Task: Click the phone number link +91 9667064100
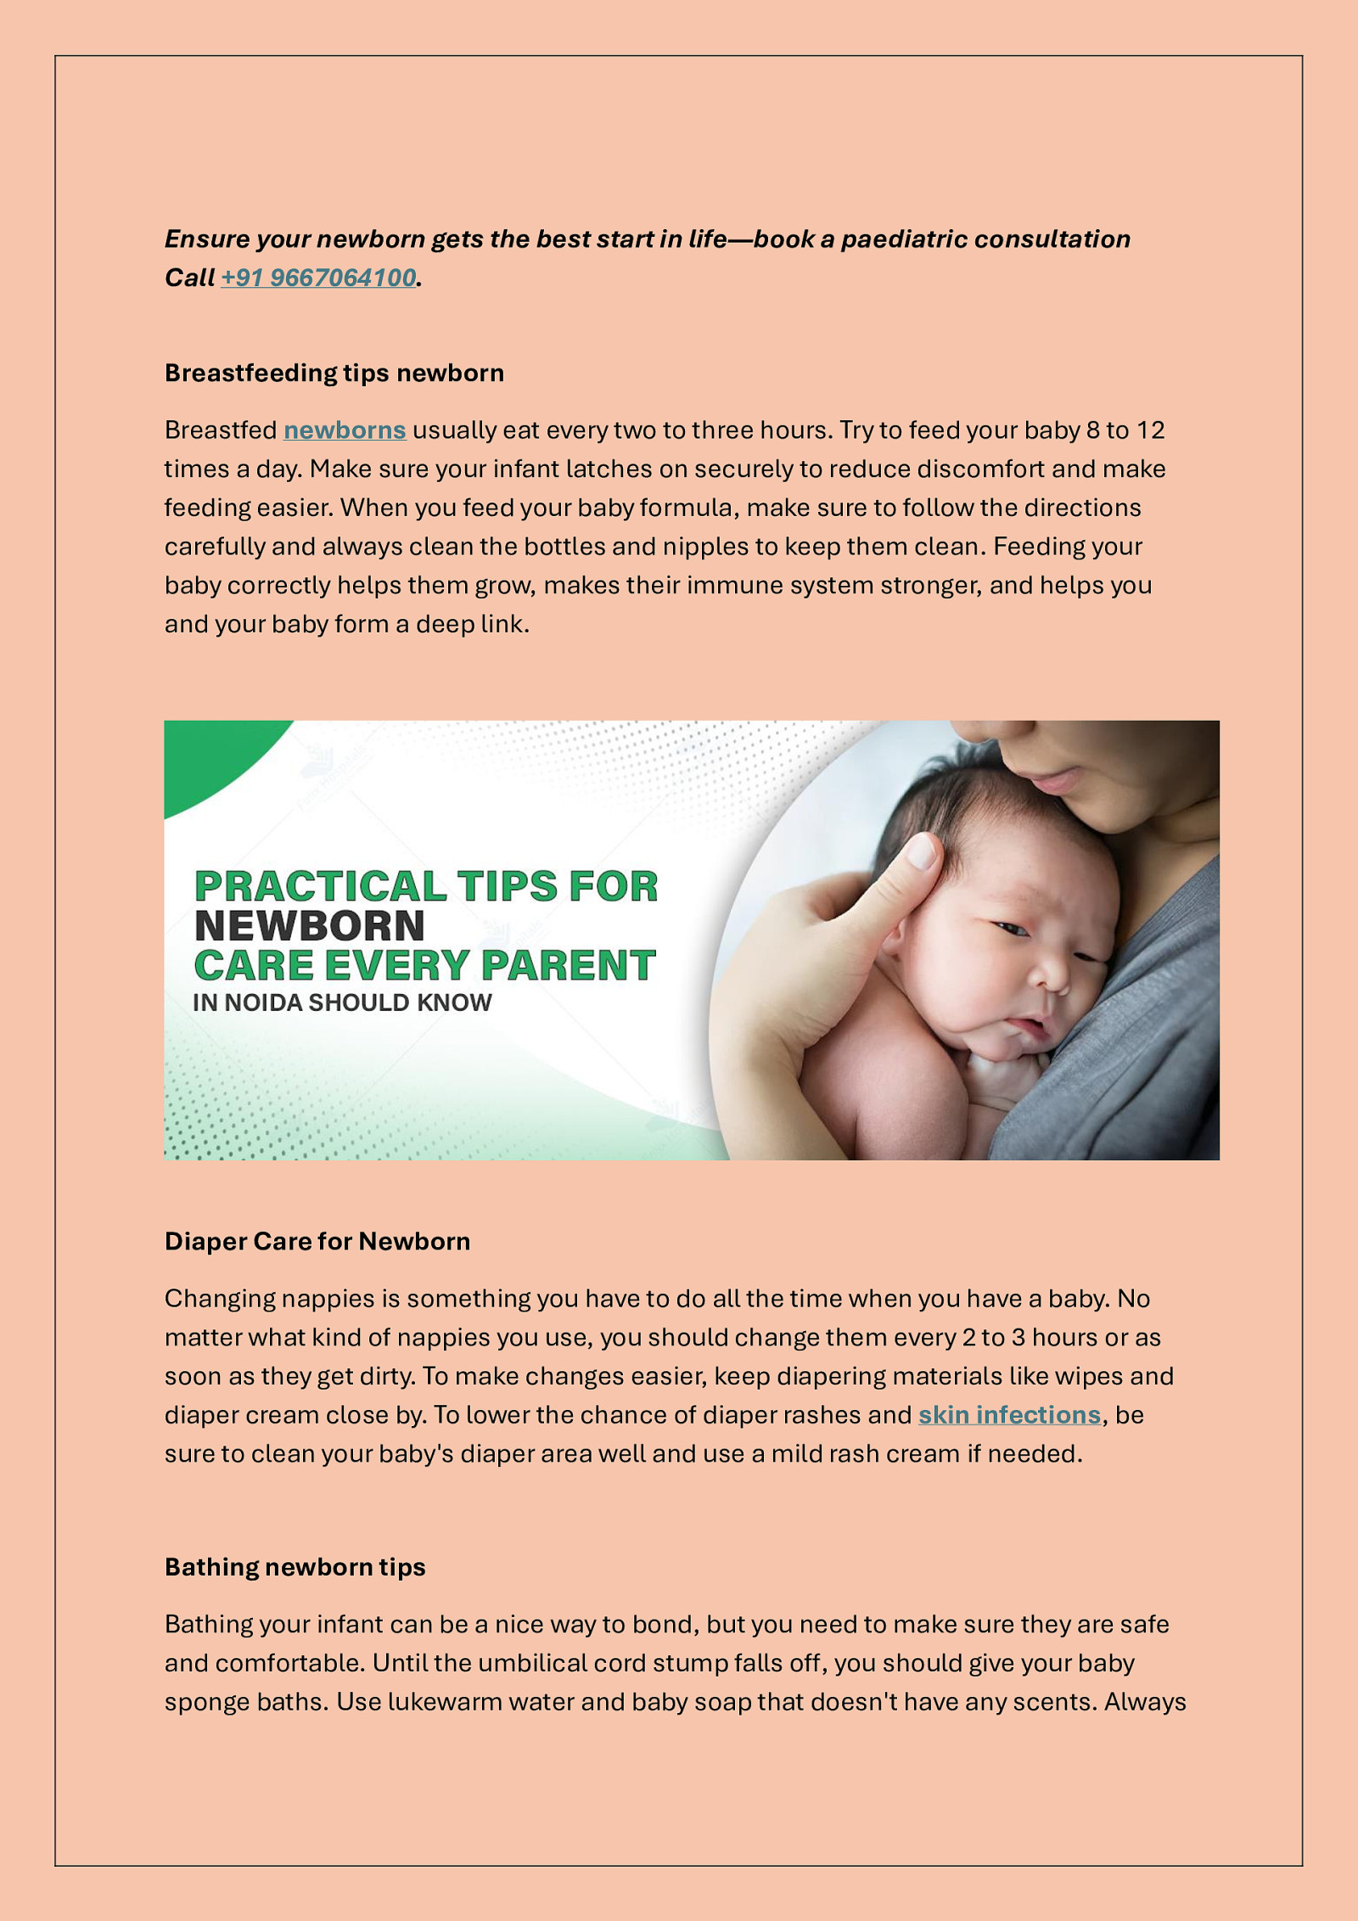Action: [x=318, y=278]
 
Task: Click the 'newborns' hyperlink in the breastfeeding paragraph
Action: [x=345, y=430]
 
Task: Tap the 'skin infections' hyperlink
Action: [x=1009, y=1415]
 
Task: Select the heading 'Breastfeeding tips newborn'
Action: [x=334, y=374]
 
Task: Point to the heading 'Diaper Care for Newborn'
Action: [x=317, y=1242]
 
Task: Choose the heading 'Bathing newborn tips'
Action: [x=295, y=1567]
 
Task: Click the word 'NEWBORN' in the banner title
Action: [x=310, y=926]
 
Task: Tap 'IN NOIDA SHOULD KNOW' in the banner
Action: [x=342, y=1003]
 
